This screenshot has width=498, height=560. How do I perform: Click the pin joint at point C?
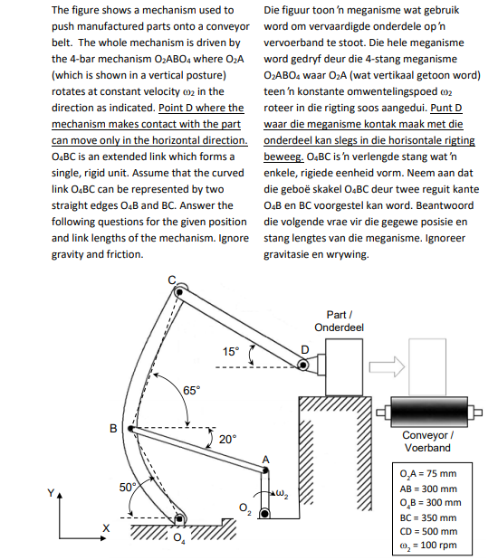coord(179,292)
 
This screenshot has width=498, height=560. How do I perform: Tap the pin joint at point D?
coord(303,365)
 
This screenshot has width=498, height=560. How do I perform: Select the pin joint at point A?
coord(265,470)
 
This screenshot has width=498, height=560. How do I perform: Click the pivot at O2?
coord(264,514)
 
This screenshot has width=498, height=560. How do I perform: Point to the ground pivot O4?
coord(179,518)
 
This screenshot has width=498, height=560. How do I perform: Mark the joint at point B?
coord(131,429)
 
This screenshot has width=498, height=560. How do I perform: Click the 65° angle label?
coord(192,390)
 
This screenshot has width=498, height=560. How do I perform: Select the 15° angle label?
coord(231,351)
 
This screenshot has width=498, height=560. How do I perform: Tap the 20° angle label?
coord(228,439)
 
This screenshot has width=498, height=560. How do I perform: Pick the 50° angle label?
coord(128,487)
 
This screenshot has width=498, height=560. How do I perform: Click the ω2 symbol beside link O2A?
coord(283,494)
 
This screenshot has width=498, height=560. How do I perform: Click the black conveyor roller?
coord(429,412)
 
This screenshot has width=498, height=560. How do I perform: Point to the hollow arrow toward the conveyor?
coord(387,366)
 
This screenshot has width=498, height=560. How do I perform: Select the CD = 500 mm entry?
coord(428,531)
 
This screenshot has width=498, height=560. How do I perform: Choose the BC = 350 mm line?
coord(428,517)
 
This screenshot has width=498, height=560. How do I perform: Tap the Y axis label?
coord(51,493)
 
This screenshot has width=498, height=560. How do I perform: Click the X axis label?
coord(106,527)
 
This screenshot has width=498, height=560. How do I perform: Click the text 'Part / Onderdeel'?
coord(339,321)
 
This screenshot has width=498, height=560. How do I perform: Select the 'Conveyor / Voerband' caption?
coord(428,441)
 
